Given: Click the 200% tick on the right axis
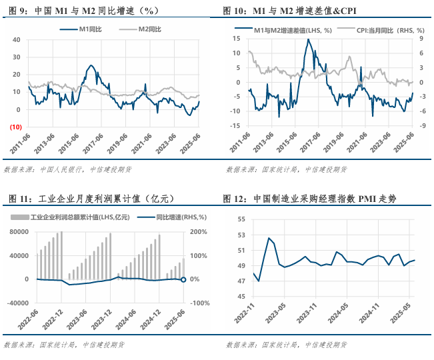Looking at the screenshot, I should coord(199,232).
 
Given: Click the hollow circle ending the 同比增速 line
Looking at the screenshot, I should coord(184,279).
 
